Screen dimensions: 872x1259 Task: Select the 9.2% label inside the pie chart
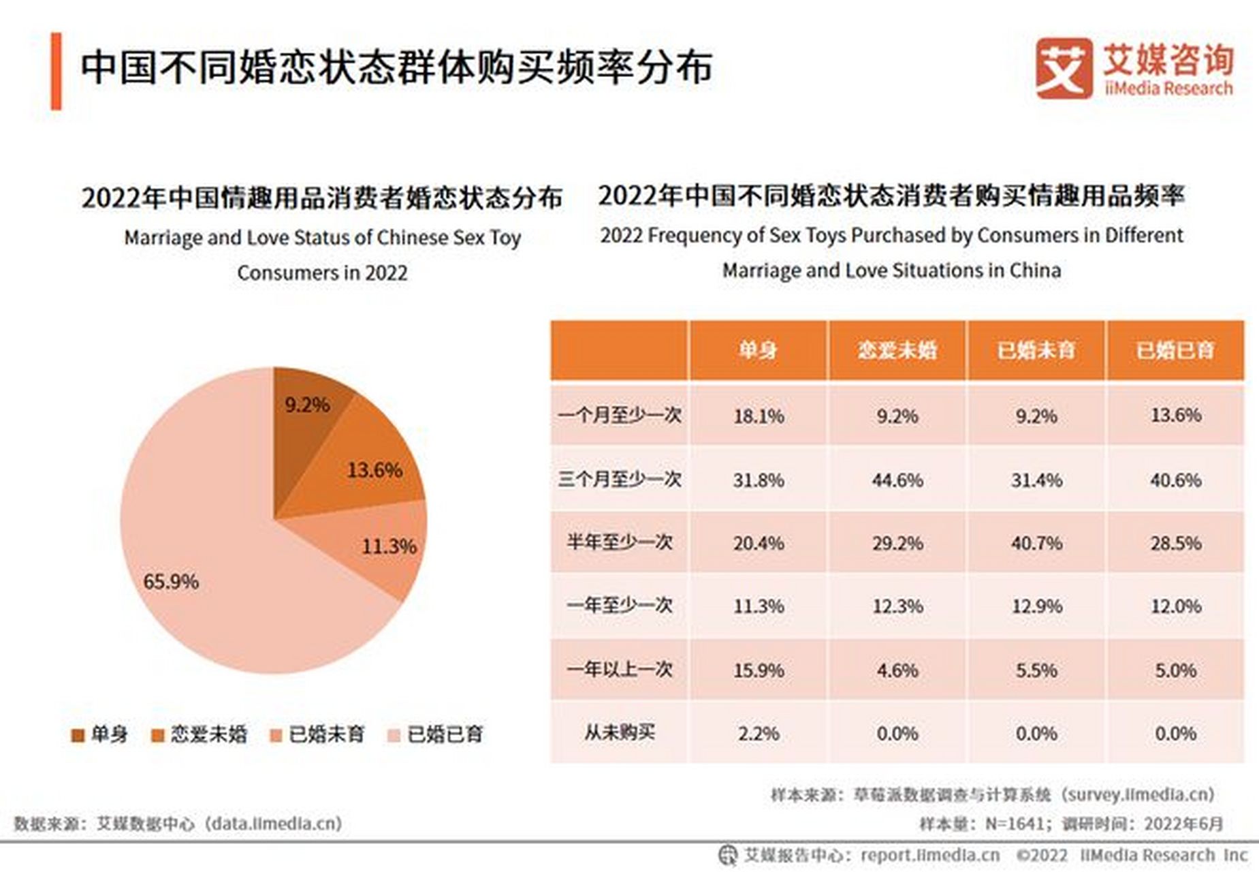tap(307, 405)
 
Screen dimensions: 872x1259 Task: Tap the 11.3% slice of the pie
tap(389, 546)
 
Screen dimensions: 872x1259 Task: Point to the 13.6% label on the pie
tap(374, 470)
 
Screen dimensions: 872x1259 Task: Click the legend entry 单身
tap(100, 734)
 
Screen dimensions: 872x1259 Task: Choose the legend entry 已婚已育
tap(436, 734)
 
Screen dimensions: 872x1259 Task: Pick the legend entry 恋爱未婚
tap(200, 734)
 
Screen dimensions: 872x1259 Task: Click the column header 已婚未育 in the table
tap(1036, 350)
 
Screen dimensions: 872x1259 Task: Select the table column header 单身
tap(758, 350)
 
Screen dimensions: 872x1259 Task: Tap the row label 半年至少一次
tap(619, 542)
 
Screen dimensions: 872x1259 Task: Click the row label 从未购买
tap(619, 733)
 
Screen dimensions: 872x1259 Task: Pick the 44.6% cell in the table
tap(897, 480)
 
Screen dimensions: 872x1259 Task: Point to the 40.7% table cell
tap(1036, 543)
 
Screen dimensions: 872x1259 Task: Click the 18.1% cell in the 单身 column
tap(759, 416)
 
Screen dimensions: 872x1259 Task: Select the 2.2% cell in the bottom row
tap(759, 734)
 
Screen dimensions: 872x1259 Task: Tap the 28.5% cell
tap(1175, 543)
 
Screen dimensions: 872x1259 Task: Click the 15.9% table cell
tap(759, 670)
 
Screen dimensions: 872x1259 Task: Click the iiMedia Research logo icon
tap(1064, 68)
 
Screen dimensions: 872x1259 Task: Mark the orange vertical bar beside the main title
tap(56, 71)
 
